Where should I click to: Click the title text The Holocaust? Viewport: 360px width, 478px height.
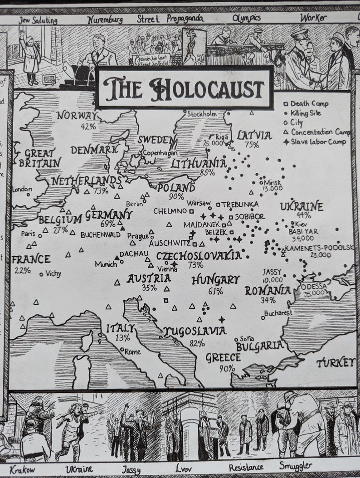[x=184, y=88]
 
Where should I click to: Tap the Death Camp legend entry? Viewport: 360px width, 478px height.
[x=309, y=103]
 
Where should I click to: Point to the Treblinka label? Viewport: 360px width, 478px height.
[x=240, y=204]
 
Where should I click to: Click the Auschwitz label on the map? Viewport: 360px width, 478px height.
[x=170, y=243]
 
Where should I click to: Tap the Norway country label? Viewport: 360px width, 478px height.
[x=77, y=116]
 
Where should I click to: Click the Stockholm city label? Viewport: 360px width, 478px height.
[x=202, y=114]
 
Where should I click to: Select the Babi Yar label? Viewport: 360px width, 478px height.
[x=303, y=231]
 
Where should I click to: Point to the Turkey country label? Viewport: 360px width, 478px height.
[x=336, y=362]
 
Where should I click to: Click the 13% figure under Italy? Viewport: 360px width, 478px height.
[x=122, y=337]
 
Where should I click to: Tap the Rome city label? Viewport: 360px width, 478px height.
[x=132, y=351]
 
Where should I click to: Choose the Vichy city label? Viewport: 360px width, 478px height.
[x=53, y=273]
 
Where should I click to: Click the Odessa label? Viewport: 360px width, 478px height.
[x=313, y=287]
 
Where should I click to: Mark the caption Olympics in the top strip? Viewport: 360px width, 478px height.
[x=246, y=18]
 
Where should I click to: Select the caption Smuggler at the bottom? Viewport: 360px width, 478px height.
[x=295, y=466]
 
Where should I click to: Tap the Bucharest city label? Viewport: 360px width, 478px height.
[x=278, y=312]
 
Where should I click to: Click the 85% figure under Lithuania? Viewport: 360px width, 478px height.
[x=207, y=172]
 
